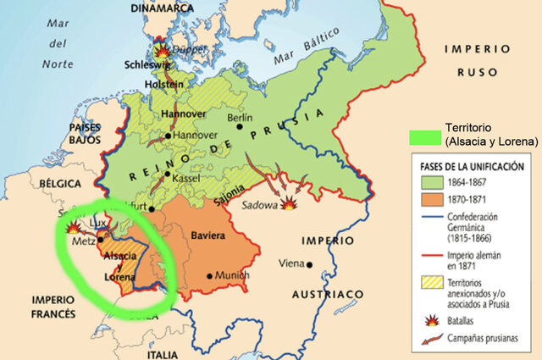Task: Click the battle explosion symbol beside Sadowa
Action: pyautogui.click(x=290, y=204)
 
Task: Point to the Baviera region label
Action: pyautogui.click(x=208, y=234)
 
